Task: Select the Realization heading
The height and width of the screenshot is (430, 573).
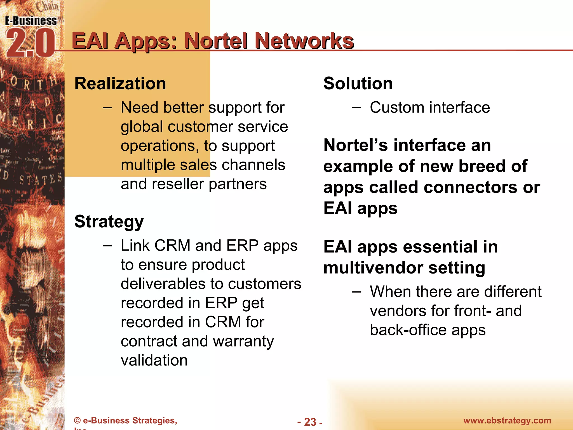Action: pos(120,83)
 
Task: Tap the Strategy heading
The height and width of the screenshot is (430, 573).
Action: pos(109,222)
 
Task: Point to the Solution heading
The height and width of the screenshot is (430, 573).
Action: pos(358,83)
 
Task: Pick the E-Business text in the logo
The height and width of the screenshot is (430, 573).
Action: pos(31,21)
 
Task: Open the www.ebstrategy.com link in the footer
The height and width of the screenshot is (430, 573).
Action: pos(507,420)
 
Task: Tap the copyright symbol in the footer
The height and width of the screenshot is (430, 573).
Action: pos(78,420)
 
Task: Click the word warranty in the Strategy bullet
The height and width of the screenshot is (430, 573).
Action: pos(243,341)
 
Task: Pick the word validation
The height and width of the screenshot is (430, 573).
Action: pos(154,360)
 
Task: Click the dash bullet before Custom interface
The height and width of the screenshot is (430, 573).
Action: pos(356,107)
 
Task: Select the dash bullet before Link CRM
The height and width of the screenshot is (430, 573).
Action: pos(107,246)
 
